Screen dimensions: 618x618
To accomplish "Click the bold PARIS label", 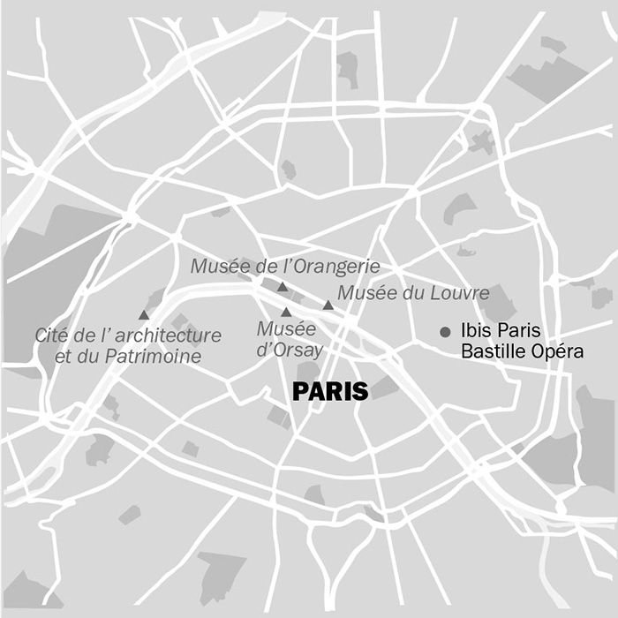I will pyautogui.click(x=329, y=391).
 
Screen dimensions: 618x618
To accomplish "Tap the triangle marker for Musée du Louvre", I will pyautogui.click(x=328, y=305).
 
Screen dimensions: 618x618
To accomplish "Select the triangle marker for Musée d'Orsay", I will pyautogui.click(x=285, y=313).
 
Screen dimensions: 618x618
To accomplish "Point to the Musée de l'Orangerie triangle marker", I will pyautogui.click(x=282, y=287).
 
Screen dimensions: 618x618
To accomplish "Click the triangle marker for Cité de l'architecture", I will pyautogui.click(x=144, y=315).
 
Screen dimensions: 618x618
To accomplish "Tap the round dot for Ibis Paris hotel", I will pyautogui.click(x=446, y=332).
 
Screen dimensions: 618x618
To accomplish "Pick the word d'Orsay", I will pyautogui.click(x=290, y=350).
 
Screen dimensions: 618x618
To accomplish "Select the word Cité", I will pyautogui.click(x=51, y=335).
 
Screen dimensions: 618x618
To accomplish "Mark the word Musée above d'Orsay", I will pyautogui.click(x=286, y=329).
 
